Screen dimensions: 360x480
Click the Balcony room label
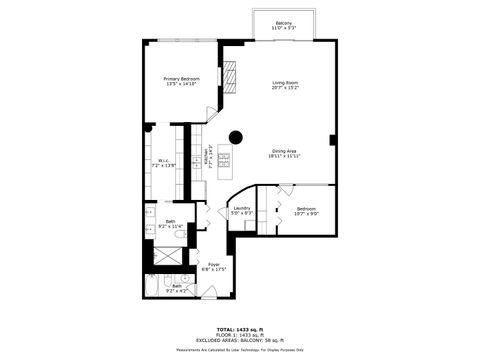coord(284,26)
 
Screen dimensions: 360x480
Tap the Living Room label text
coord(286,85)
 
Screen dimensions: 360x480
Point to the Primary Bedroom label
coord(182,81)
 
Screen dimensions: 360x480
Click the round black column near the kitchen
coord(236,137)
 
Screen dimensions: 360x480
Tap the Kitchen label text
coord(207,157)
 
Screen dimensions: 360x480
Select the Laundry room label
coord(242,211)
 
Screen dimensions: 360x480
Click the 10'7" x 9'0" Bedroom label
coord(306,210)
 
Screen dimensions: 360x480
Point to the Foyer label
coord(214,266)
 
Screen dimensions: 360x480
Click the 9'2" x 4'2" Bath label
coord(176,288)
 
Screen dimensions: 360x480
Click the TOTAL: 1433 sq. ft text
coord(239,329)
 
